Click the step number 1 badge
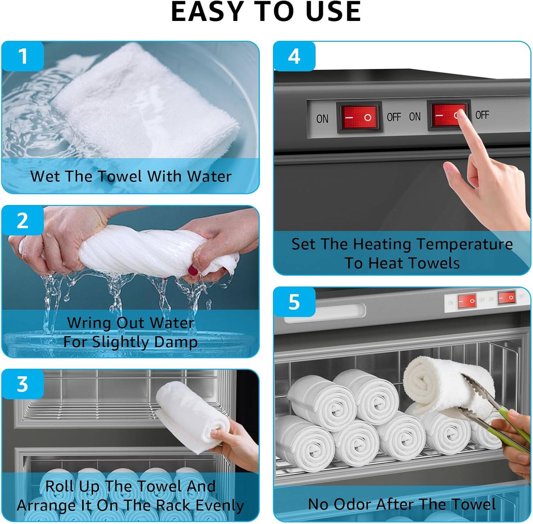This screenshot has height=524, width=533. point(23,56)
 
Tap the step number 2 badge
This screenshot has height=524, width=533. point(23,221)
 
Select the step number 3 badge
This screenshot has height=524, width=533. point(23,384)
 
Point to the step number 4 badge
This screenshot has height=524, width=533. point(294,56)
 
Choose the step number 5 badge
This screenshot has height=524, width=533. point(294,302)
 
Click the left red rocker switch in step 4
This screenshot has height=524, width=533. point(359,117)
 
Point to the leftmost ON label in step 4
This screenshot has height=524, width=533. point(322,119)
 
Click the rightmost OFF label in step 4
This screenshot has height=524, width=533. point(482,115)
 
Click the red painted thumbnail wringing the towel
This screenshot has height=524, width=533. point(193,271)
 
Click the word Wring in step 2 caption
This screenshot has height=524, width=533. point(89,323)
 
